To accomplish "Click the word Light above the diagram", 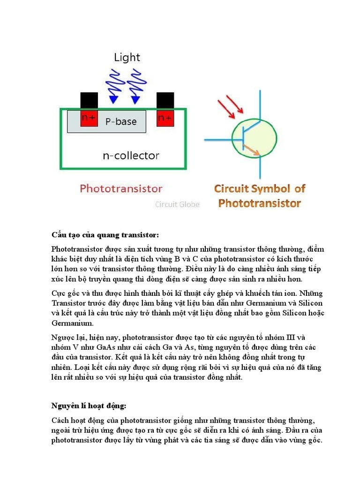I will [127, 58].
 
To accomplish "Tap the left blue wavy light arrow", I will [113, 85].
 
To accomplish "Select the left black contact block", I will [89, 100].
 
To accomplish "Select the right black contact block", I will [165, 100].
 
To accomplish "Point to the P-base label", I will [121, 122].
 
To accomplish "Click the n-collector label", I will [131, 155].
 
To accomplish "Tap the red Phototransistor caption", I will [121, 189].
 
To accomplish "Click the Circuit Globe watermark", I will [177, 204].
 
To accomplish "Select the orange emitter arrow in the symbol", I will [252, 150].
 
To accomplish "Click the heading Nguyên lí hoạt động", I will [89, 405].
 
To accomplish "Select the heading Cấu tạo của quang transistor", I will [105, 234].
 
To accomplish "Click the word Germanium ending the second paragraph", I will [72, 323].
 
